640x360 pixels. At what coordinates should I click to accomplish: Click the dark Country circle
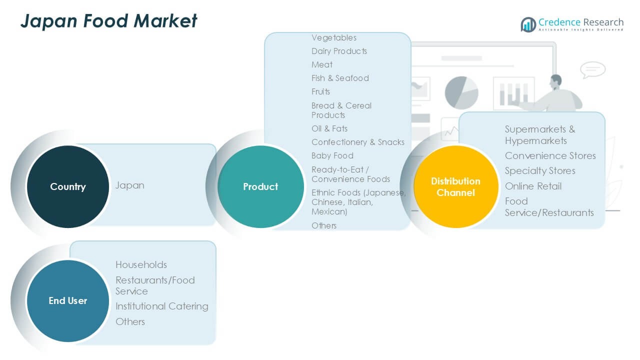click(x=68, y=186)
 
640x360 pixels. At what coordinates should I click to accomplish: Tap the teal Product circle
click(x=260, y=186)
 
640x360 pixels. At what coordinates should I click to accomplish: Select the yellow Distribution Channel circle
click(x=456, y=186)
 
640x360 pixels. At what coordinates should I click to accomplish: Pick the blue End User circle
click(x=68, y=301)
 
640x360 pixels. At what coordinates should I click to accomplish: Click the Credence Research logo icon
click(x=528, y=24)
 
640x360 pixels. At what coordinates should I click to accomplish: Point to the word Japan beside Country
click(x=130, y=185)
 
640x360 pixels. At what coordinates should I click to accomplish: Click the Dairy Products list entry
click(x=339, y=51)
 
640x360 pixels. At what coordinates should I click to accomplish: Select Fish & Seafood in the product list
click(x=340, y=78)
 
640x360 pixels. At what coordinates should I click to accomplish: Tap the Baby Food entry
click(x=332, y=155)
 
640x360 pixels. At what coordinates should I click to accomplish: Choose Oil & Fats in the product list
click(x=329, y=128)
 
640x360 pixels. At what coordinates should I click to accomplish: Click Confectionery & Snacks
click(x=357, y=142)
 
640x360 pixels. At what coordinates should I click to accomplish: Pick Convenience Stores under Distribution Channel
click(x=550, y=155)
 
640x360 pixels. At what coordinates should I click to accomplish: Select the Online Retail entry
click(x=533, y=186)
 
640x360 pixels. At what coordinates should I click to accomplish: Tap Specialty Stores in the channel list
click(x=540, y=171)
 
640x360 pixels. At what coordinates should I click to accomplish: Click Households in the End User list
click(x=141, y=265)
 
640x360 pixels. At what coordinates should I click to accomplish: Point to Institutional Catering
click(x=161, y=306)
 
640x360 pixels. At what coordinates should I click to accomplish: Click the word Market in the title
click(x=165, y=21)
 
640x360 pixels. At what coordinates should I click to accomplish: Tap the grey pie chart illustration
click(x=461, y=92)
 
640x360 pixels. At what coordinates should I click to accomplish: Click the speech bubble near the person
click(x=592, y=69)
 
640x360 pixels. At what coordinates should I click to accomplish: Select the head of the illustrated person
click(x=555, y=81)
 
